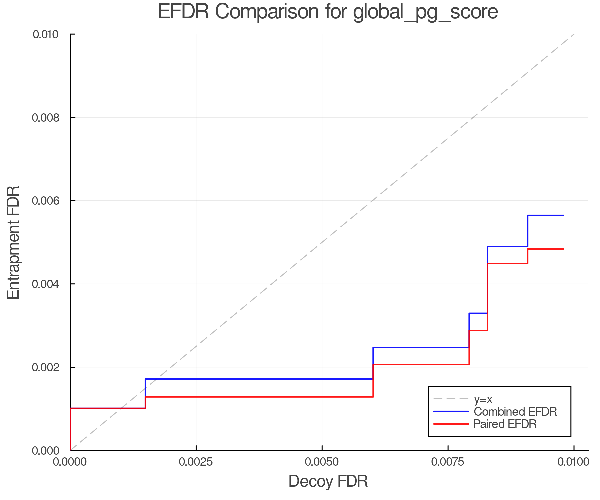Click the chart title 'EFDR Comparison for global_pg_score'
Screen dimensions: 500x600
tap(328, 12)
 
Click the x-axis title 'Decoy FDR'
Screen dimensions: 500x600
tap(328, 481)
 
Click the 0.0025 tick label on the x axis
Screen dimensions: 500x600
tap(196, 462)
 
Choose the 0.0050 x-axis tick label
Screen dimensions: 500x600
tap(322, 462)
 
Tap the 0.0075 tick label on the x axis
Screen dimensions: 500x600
tap(448, 462)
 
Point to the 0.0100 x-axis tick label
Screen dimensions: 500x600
tap(574, 462)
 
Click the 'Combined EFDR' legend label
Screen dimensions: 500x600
tap(515, 412)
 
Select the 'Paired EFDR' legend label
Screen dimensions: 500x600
tap(505, 424)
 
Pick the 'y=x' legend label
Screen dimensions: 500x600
tap(483, 399)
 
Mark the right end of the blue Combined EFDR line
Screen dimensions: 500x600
tap(564, 216)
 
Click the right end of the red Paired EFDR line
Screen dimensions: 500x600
tap(564, 249)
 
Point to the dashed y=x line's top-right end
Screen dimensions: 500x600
tap(574, 34)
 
